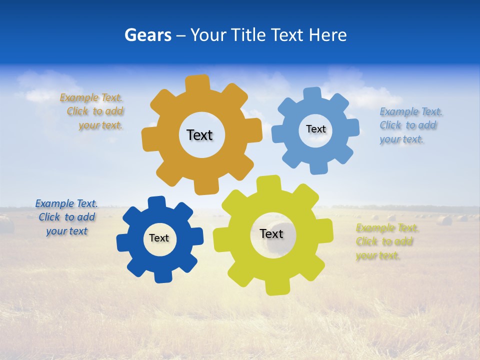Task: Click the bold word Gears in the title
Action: tap(147, 35)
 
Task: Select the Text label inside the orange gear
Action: tap(199, 135)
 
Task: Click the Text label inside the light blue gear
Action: tap(315, 129)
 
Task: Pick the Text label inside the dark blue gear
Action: tap(159, 238)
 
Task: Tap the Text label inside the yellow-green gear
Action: tap(271, 233)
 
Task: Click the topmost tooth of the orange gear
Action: tap(197, 83)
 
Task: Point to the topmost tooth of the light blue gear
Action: tap(312, 94)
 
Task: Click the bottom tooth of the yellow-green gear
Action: tap(276, 287)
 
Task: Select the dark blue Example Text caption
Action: tap(66, 217)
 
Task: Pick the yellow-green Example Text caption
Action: tap(386, 242)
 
